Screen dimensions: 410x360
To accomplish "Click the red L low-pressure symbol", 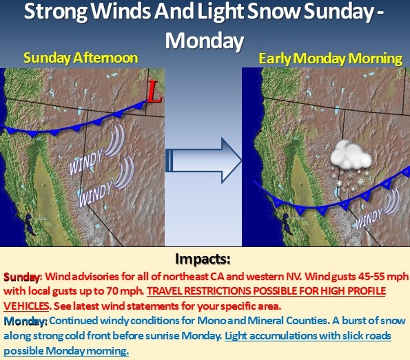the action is [154, 92].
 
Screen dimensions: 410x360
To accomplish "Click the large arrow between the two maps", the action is [203, 160].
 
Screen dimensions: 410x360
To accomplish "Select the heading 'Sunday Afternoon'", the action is [81, 58].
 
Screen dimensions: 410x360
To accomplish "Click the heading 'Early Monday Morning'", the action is [331, 59].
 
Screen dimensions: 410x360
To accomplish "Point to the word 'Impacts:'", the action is [203, 259].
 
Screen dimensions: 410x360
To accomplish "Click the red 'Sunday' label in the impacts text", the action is [22, 277].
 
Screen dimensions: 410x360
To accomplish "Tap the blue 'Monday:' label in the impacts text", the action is [25, 321].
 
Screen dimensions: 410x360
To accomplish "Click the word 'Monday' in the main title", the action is [204, 41].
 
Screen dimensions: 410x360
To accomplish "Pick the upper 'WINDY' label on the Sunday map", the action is [86, 162].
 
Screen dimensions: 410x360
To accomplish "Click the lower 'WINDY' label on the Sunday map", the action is [96, 194].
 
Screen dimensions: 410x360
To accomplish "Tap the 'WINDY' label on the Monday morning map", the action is [369, 218].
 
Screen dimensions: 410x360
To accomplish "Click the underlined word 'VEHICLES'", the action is [26, 306].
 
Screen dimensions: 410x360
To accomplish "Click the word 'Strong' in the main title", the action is [56, 12].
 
